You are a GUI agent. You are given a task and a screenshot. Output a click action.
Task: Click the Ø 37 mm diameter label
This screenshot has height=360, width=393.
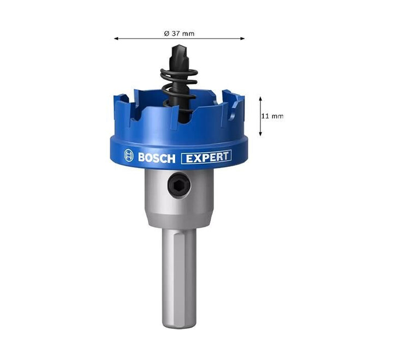tap(179, 33)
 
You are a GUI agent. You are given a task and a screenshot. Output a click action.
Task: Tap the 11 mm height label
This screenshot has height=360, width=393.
tap(272, 116)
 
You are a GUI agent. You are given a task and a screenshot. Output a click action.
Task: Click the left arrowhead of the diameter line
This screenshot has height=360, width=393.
tap(116, 39)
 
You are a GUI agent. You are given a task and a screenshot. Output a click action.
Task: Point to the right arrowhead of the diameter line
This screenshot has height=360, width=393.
tap(242, 39)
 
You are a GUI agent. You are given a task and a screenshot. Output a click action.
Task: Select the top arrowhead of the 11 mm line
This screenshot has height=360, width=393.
tap(260, 99)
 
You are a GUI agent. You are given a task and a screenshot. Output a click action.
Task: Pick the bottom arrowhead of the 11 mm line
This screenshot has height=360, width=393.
tap(260, 134)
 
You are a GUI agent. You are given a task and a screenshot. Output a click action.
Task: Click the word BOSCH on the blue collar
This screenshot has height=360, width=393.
tap(157, 158)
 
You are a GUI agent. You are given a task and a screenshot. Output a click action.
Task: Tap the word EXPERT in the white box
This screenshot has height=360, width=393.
tap(207, 157)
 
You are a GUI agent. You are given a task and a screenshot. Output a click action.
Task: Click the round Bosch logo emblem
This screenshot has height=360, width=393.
tap(129, 155)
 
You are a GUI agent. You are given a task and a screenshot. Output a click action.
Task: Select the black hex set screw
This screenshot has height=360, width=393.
tap(179, 185)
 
